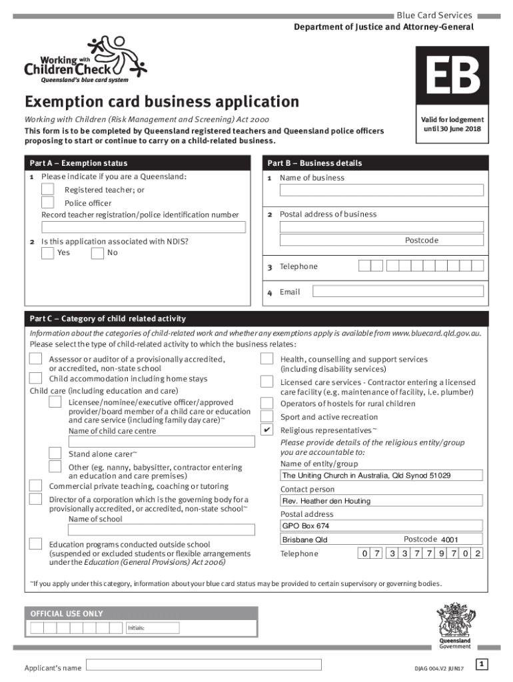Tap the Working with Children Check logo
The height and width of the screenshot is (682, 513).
tap(85, 59)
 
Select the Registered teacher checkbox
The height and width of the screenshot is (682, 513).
tap(48, 190)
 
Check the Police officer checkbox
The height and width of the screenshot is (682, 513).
tap(48, 202)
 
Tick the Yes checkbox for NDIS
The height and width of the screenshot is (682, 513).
tap(47, 253)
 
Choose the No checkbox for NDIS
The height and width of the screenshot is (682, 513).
tap(97, 253)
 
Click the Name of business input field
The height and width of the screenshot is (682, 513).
tap(381, 190)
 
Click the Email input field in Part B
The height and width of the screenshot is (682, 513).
tap(398, 291)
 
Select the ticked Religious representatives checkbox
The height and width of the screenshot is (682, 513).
tap(266, 430)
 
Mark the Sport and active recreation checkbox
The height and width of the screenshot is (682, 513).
tap(266, 416)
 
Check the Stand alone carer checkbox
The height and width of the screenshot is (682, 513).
tap(56, 454)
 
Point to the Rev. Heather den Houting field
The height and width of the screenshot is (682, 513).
tap(381, 501)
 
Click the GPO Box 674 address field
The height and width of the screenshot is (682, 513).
tap(381, 526)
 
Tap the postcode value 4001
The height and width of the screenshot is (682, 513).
tap(450, 539)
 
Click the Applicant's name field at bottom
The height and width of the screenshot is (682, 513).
tap(204, 665)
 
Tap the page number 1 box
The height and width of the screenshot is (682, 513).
tap(482, 663)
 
